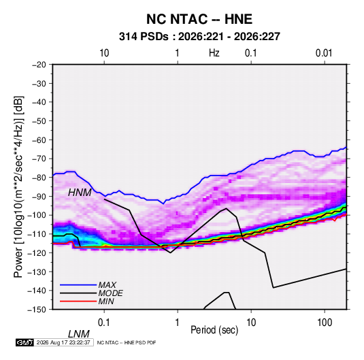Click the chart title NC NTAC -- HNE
click(x=199, y=19)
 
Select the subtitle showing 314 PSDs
click(x=199, y=37)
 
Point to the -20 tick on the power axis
click(x=39, y=65)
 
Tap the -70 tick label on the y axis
click(x=39, y=159)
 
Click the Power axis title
click(x=18, y=186)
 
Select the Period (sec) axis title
click(x=214, y=330)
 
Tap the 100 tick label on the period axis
click(x=325, y=323)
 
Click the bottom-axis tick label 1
click(x=178, y=323)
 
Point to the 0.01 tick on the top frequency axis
click(x=324, y=53)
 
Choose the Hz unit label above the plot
click(x=214, y=53)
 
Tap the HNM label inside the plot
click(x=80, y=193)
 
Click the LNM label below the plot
click(x=79, y=334)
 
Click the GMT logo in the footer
click(x=24, y=342)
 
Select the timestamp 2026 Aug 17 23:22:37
click(x=63, y=342)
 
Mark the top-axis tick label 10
click(x=104, y=53)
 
